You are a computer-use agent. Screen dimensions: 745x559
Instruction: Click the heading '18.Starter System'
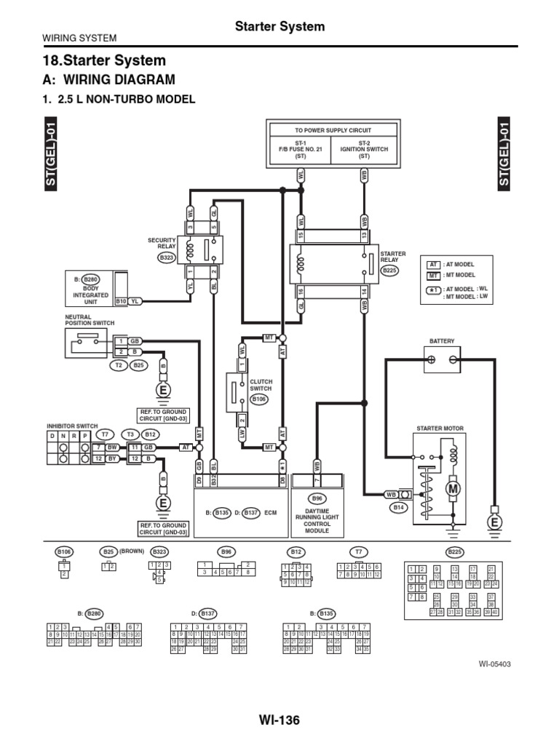106,60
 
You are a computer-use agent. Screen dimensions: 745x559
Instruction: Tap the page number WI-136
279,720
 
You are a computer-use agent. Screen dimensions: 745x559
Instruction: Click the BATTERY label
441,340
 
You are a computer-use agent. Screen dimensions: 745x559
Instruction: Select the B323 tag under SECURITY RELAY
168,256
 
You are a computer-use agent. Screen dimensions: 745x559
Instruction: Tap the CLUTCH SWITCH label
260,385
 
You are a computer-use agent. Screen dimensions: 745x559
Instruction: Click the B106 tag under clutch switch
259,399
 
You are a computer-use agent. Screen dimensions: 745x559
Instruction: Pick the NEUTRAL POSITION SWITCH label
90,319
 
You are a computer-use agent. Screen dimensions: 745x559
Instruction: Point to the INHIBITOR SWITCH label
72,426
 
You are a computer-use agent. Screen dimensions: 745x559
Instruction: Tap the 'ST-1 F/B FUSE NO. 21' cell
301,149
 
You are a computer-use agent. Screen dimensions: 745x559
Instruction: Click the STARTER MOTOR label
440,429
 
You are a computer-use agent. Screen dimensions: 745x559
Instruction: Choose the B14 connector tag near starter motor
398,506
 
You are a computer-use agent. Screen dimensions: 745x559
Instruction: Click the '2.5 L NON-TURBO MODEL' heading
119,100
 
